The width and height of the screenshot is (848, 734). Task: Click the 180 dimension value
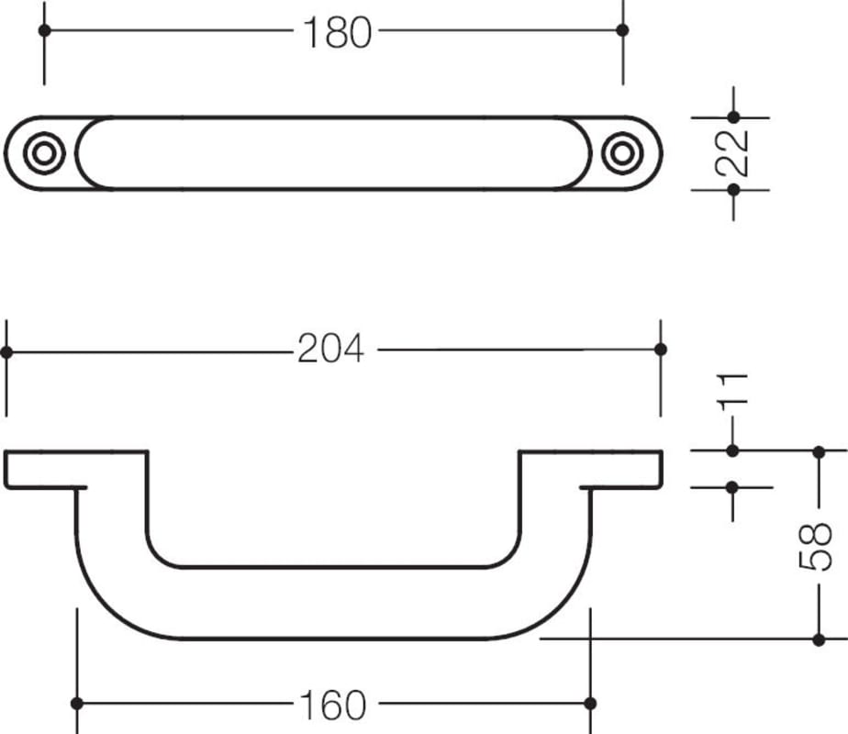(x=338, y=32)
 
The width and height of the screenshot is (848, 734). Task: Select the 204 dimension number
(x=331, y=349)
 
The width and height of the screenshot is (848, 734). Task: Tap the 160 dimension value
(x=332, y=705)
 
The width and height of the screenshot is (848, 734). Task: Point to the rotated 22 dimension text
(x=731, y=153)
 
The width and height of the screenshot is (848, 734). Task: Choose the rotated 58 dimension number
(x=816, y=546)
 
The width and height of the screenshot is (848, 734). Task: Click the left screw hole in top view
(x=44, y=153)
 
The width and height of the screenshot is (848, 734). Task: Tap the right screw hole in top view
(x=622, y=153)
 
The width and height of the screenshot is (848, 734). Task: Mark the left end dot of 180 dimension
(x=45, y=30)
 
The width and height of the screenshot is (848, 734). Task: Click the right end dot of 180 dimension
(x=622, y=30)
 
